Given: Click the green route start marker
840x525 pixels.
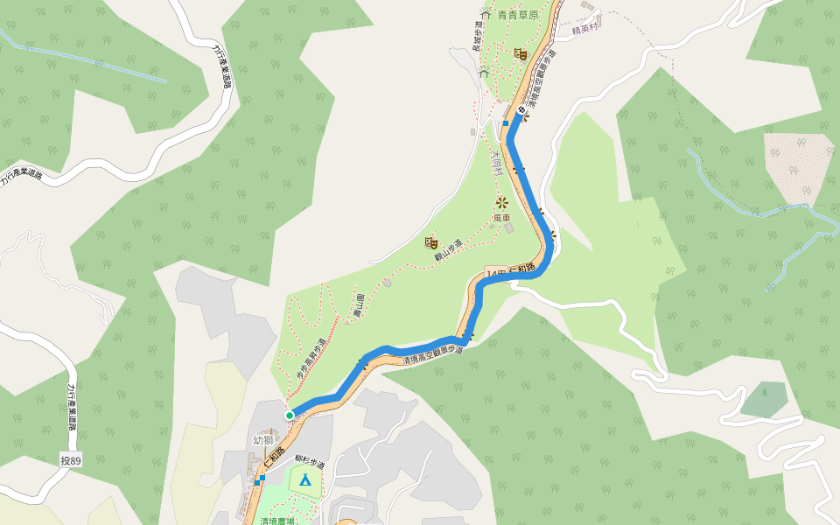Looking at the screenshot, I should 290,415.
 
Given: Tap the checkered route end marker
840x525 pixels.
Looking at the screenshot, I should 521,110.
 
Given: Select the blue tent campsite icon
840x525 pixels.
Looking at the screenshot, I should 304,479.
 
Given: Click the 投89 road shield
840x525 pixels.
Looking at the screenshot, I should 71,459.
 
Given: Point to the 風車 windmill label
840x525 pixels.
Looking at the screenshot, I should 501,218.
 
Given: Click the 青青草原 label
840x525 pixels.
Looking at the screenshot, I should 518,15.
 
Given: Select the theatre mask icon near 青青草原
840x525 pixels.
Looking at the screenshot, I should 520,54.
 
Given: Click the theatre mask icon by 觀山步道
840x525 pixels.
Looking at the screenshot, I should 430,241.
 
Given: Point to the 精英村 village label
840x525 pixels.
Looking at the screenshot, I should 584,29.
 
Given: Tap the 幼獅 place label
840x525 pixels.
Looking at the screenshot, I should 263,440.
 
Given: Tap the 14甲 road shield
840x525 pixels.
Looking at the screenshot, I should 496,274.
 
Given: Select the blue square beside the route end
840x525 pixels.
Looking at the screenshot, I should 506,124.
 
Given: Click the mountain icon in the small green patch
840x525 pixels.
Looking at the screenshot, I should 764,390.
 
